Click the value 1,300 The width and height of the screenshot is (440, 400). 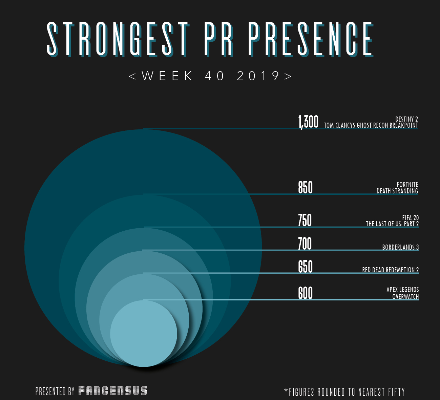click(308, 122)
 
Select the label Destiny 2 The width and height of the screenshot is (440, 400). click(406, 119)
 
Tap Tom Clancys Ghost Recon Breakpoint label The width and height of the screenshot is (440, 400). click(371, 125)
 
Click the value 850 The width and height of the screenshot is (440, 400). click(305, 187)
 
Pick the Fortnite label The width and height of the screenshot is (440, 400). click(407, 185)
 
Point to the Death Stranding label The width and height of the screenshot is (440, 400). click(397, 191)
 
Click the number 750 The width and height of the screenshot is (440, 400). click(305, 220)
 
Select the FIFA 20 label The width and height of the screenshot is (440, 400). click(410, 218)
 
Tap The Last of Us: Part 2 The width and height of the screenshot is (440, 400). click(392, 224)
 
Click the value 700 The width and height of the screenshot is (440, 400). click(305, 244)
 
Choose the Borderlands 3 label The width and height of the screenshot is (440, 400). click(400, 247)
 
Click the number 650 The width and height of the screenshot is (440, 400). click(305, 267)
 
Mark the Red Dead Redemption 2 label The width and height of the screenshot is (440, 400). click(390, 270)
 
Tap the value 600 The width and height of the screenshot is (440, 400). click(305, 293)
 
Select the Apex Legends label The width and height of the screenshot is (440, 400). click(402, 290)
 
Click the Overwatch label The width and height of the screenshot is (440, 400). click(405, 297)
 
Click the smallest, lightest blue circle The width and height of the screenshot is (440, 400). click(144, 334)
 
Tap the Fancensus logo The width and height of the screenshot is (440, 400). click(113, 391)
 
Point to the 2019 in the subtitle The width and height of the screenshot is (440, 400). click(258, 76)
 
